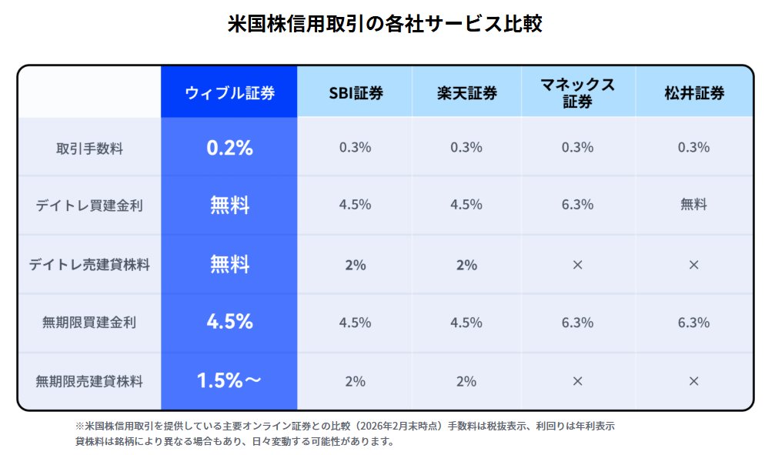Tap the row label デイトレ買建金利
[x=89, y=206]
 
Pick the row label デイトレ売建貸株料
[x=89, y=265]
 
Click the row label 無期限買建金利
[x=89, y=323]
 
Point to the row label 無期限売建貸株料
[x=89, y=380]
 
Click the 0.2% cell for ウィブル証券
[x=229, y=148]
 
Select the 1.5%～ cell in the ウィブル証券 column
[x=229, y=380]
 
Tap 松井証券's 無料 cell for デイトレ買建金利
[x=693, y=205]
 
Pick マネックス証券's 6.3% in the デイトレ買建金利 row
[x=578, y=205]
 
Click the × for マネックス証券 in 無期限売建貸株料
[x=578, y=381]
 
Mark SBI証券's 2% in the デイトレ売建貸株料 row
[x=356, y=265]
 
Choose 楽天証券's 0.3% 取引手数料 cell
[x=466, y=147]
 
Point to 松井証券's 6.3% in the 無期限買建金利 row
[x=693, y=323]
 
